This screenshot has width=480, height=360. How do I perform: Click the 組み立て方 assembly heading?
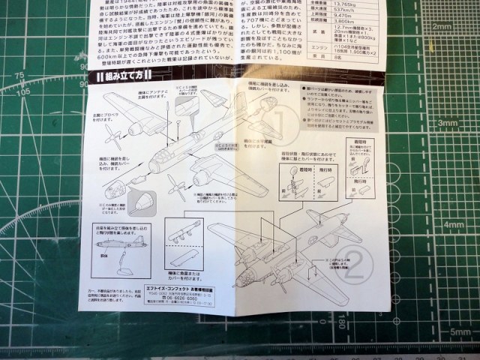click(x=121, y=76)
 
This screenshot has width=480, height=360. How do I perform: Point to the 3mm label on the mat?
click(x=448, y=123)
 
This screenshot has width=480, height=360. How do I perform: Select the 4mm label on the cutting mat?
click(x=452, y=224)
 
